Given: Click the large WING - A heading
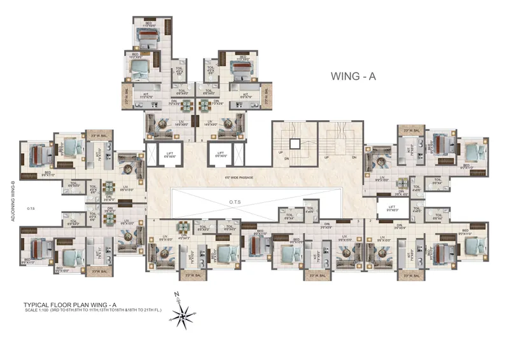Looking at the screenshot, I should (x=354, y=76).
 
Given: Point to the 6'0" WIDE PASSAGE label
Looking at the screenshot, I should (x=239, y=177).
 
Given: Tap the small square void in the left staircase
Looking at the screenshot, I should (x=294, y=142).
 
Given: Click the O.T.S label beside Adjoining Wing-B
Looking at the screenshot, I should (x=30, y=207).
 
